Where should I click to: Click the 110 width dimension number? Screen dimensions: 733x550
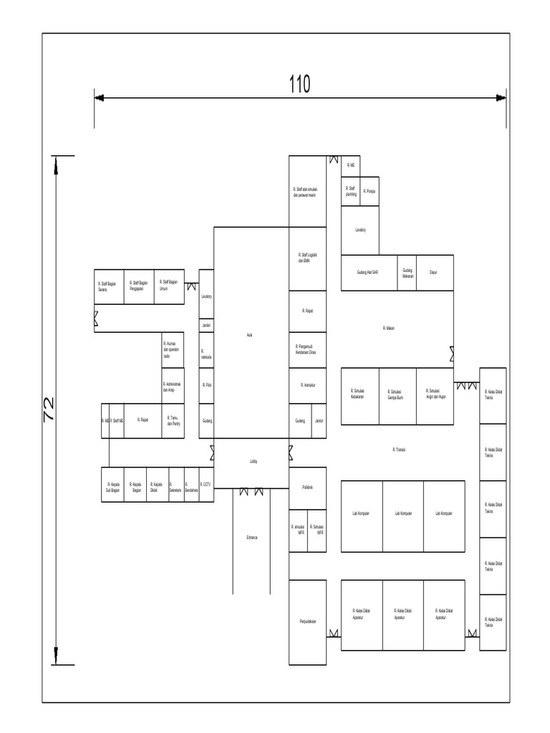pyautogui.click(x=299, y=84)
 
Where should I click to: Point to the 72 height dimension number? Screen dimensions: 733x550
pyautogui.click(x=50, y=409)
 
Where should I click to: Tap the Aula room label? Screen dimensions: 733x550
pyautogui.click(x=250, y=334)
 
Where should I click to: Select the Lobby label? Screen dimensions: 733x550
pyautogui.click(x=253, y=462)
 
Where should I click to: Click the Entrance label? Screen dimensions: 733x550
pyautogui.click(x=251, y=537)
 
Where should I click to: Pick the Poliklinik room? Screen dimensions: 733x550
pyautogui.click(x=307, y=487)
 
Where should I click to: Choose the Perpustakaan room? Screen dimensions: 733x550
pyautogui.click(x=308, y=621)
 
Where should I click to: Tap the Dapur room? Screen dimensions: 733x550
pyautogui.click(x=433, y=272)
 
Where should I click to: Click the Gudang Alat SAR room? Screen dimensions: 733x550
pyautogui.click(x=367, y=272)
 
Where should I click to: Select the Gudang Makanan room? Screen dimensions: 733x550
pyautogui.click(x=407, y=272)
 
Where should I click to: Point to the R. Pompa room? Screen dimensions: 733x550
pyautogui.click(x=370, y=191)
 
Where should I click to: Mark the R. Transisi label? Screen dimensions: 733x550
pyautogui.click(x=399, y=449)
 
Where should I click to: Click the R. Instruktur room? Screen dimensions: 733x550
pyautogui.click(x=308, y=385)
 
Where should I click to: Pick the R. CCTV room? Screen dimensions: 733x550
pyautogui.click(x=206, y=484)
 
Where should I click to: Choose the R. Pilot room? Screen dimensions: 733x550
pyautogui.click(x=206, y=385)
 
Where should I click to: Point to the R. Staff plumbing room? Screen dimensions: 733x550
pyautogui.click(x=350, y=191)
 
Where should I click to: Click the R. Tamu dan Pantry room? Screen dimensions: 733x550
pyautogui.click(x=173, y=421)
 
